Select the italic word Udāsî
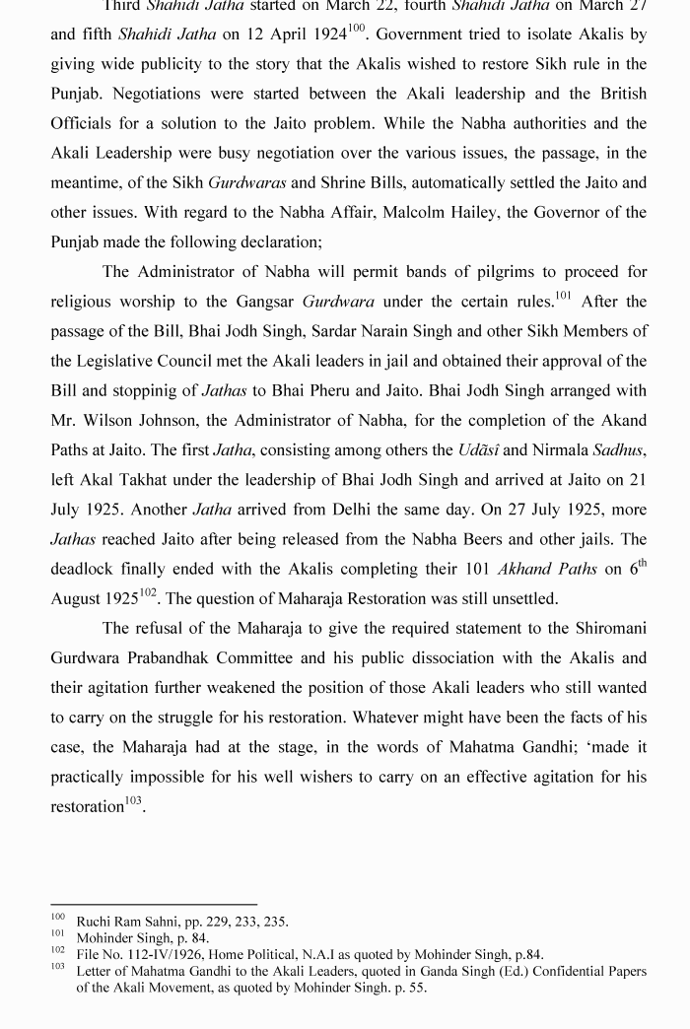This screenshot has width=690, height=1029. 479,449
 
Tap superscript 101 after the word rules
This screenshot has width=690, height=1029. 563,296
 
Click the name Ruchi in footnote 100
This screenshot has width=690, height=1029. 95,922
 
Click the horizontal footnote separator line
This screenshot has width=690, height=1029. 154,904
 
